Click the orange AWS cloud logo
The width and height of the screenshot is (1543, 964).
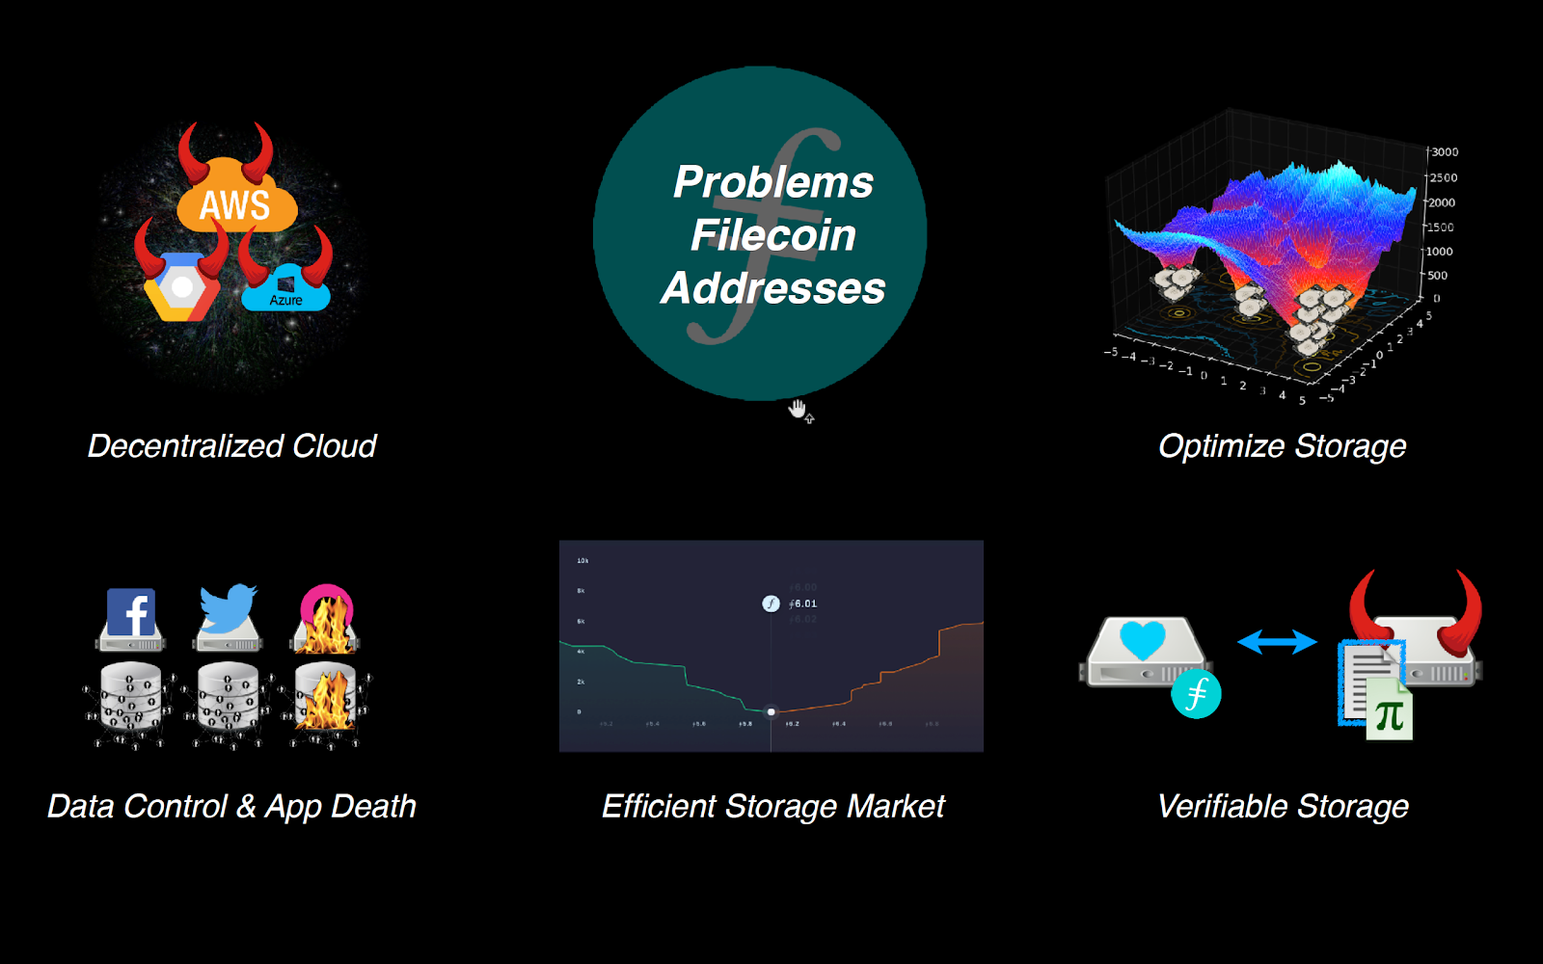pyautogui.click(x=236, y=202)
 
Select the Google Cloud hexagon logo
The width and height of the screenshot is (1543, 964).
pyautogui.click(x=181, y=286)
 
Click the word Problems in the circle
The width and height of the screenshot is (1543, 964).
pyautogui.click(x=773, y=182)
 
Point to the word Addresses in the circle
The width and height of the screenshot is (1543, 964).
pyautogui.click(x=773, y=288)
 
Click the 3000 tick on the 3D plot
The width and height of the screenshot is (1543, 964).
pyautogui.click(x=1444, y=152)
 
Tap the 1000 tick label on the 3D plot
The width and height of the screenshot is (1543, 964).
pyautogui.click(x=1439, y=252)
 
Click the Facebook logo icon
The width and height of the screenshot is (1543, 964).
pyautogui.click(x=131, y=613)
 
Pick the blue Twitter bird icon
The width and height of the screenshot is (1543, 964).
pyautogui.click(x=228, y=609)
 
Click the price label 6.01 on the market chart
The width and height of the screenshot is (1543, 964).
pyautogui.click(x=803, y=603)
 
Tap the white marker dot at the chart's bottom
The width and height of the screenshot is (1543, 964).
pyautogui.click(x=771, y=712)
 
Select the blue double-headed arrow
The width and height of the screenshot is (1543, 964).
pyautogui.click(x=1277, y=642)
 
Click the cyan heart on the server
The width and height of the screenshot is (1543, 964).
pyautogui.click(x=1143, y=639)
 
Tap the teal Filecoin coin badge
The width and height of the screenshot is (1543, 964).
pyautogui.click(x=1196, y=693)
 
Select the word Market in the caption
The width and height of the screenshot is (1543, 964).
pyautogui.click(x=896, y=806)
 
